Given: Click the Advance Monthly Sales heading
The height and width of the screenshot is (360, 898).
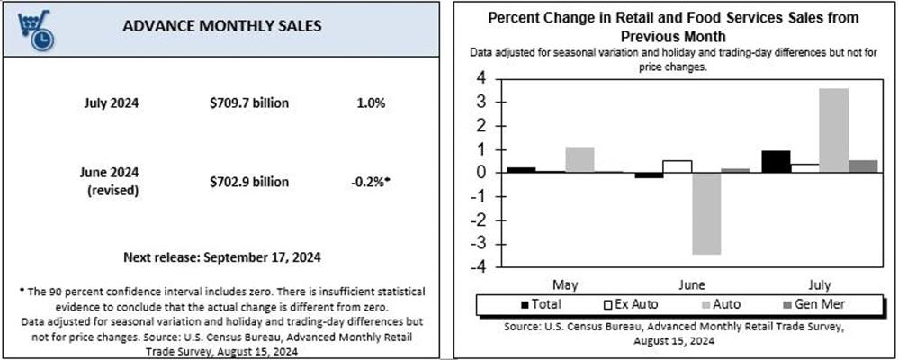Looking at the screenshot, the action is coord(222,26).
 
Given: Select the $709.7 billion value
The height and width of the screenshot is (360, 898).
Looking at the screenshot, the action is coord(248,103).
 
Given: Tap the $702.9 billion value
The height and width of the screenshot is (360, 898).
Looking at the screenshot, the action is coord(248,183).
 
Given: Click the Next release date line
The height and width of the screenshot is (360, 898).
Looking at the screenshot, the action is coord(222,256).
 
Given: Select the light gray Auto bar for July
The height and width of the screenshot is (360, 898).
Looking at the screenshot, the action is coord(834,130).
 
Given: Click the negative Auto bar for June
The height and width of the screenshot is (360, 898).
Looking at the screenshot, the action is coord(707,214).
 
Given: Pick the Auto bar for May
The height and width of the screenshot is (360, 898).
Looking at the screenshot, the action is coord(579,160).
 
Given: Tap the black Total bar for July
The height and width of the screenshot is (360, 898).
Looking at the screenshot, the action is coord(776,162).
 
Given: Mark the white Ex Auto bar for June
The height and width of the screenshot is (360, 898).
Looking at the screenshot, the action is coord(678,166).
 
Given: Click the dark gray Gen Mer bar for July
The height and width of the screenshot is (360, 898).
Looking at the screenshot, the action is coord(863,166).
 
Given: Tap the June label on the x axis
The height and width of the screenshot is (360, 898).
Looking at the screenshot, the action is coord(693,285).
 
